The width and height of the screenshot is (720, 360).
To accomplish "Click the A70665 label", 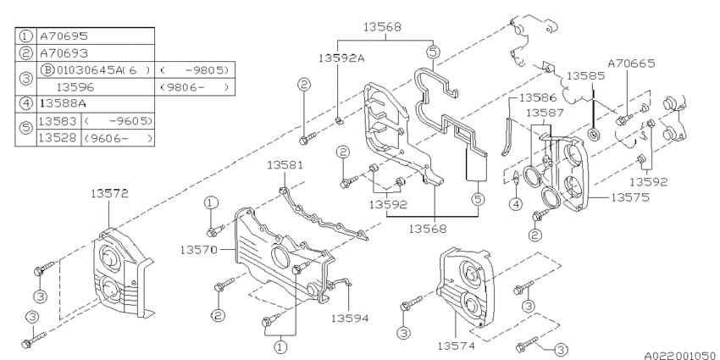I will click(x=629, y=62).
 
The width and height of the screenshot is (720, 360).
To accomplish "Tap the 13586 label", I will click(x=537, y=98).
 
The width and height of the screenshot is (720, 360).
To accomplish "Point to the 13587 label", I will click(x=545, y=113).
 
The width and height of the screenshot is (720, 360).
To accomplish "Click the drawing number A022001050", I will click(x=673, y=353).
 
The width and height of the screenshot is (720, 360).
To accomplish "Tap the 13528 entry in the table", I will click(x=58, y=137).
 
